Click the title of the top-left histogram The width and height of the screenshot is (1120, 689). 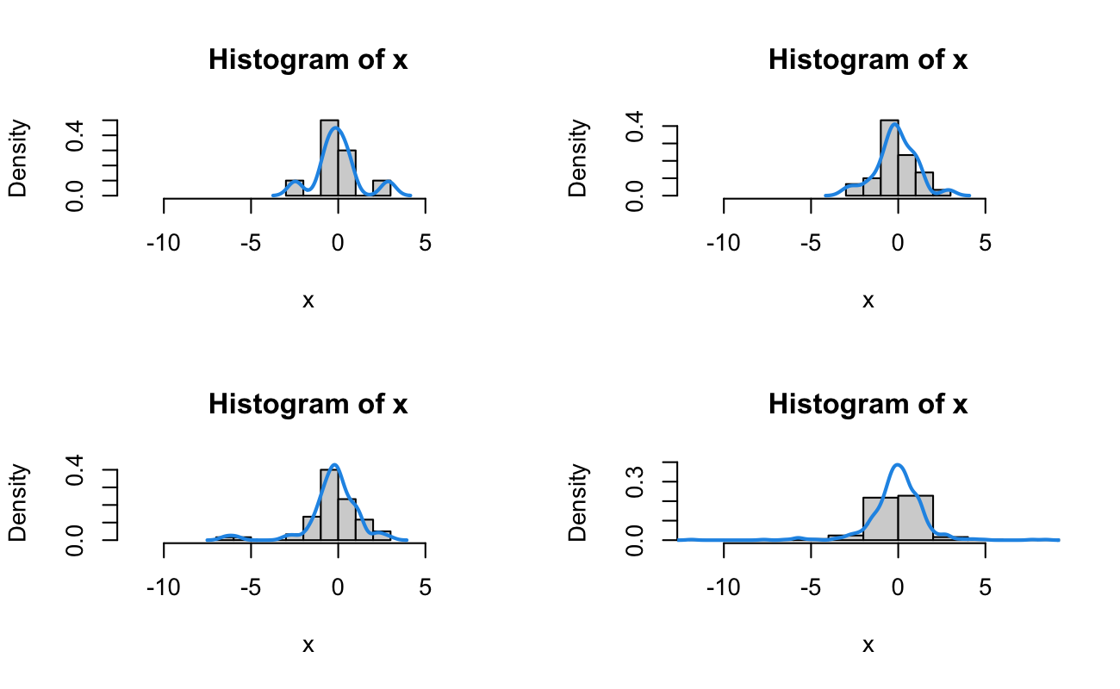[308, 61]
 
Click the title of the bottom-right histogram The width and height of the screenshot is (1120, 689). [868, 404]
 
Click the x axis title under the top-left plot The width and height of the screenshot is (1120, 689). [308, 301]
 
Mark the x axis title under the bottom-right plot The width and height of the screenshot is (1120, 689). [868, 645]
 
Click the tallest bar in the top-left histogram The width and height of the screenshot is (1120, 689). [329, 158]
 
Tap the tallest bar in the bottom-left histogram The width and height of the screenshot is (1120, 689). [329, 505]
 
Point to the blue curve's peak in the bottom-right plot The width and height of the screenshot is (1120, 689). [898, 465]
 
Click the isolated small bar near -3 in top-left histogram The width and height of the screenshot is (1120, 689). [295, 188]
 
